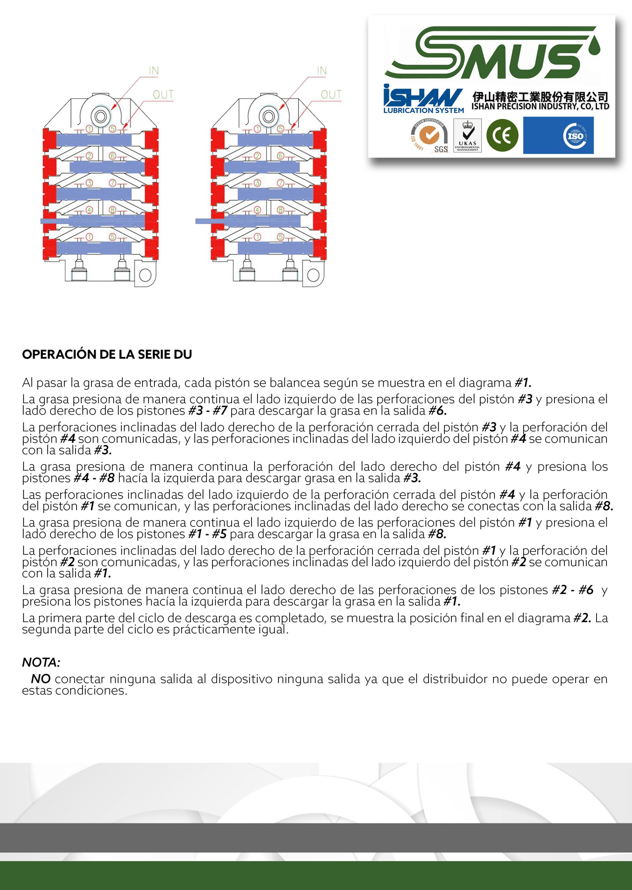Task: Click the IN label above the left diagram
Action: tap(154, 71)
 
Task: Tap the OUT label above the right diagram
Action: tap(331, 95)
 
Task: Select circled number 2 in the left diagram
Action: tap(89, 156)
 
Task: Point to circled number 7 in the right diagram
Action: tap(281, 183)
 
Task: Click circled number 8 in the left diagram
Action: tap(112, 210)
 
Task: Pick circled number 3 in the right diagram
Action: tap(257, 183)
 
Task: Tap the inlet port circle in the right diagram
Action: tap(268, 116)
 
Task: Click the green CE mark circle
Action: tap(502, 135)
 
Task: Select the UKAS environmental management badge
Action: tap(467, 135)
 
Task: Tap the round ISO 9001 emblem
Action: tap(575, 136)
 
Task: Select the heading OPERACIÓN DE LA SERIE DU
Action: tap(107, 354)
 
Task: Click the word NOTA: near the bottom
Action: tap(41, 662)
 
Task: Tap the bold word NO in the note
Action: tap(40, 679)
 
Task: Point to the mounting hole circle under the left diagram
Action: tap(145, 275)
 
